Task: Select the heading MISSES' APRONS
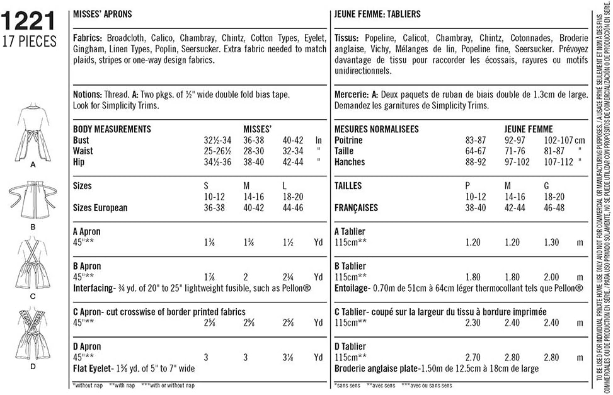[103, 14]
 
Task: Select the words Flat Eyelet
[93, 369]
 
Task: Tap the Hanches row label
[350, 162]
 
